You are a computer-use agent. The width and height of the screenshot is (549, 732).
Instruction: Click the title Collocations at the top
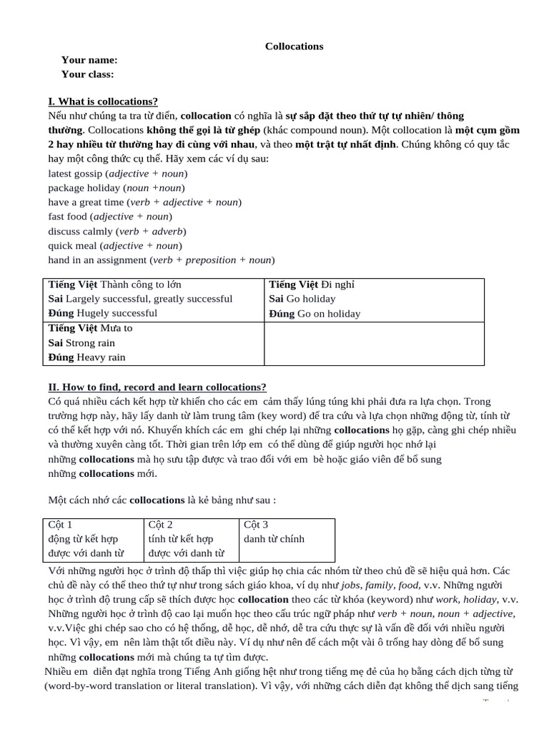[x=294, y=46]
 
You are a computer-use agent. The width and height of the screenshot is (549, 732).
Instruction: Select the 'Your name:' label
[x=89, y=60]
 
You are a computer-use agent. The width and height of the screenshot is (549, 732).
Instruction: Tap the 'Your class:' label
[x=87, y=74]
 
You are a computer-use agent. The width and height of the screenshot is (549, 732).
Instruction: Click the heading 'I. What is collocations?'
[x=103, y=102]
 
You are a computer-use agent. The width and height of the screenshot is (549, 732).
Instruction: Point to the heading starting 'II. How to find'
[x=157, y=387]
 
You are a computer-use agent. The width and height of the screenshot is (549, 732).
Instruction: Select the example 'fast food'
[x=67, y=217]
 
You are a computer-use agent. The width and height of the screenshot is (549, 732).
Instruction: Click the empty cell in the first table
[x=374, y=343]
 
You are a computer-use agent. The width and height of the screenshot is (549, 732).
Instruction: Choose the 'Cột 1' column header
[x=60, y=525]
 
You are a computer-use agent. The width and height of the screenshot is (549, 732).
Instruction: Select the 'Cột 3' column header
[x=256, y=525]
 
